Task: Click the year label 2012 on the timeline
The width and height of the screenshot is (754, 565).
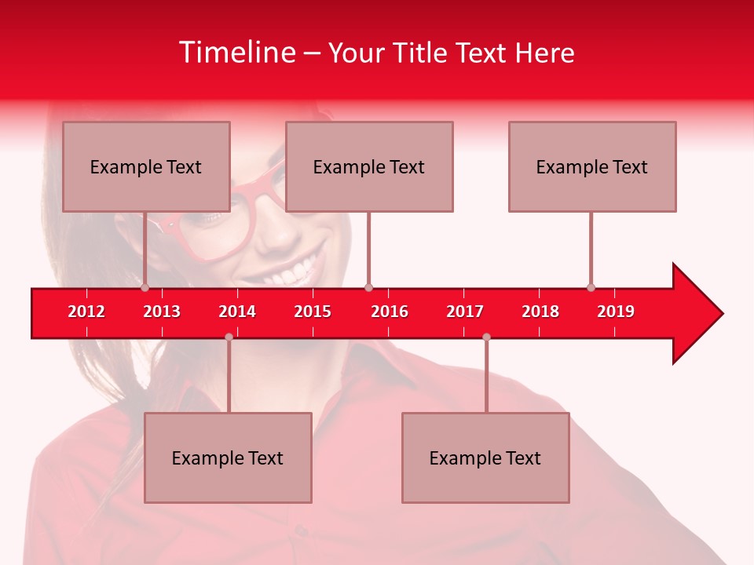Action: click(86, 312)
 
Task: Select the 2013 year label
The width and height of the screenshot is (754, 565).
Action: click(162, 312)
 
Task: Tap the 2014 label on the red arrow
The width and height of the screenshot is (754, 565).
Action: click(237, 312)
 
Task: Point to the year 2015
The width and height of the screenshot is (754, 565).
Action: click(313, 312)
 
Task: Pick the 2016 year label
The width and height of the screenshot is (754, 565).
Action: click(390, 312)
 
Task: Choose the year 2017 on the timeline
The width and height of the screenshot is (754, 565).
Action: click(465, 312)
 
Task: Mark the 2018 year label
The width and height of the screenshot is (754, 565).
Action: click(540, 312)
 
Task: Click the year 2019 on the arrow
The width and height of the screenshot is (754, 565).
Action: click(616, 312)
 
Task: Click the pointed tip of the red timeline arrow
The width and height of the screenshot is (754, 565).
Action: click(720, 314)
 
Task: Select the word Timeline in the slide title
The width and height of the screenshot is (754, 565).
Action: click(236, 53)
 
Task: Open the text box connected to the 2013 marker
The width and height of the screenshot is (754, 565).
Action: click(146, 166)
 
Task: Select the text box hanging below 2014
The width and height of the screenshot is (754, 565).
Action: click(228, 457)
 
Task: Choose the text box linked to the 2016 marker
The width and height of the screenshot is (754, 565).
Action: click(369, 166)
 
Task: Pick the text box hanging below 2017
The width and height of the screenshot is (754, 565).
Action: click(485, 457)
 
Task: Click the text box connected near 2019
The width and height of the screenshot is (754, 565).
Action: click(592, 166)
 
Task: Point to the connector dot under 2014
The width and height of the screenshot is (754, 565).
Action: click(229, 337)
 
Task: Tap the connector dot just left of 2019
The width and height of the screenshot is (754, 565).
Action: click(591, 287)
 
